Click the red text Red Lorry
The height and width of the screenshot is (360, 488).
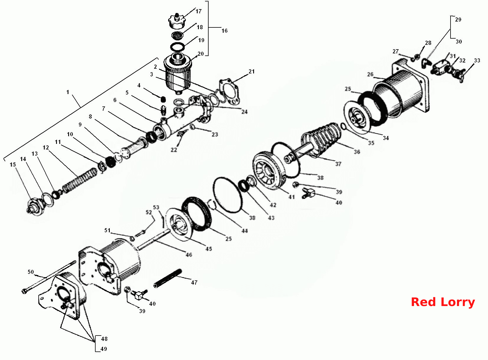(x=443, y=302)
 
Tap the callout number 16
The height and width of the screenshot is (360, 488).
(x=225, y=31)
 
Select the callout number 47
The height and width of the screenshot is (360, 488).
(x=194, y=282)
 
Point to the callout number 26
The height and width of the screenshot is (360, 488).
(x=370, y=74)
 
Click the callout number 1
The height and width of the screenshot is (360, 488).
(x=68, y=92)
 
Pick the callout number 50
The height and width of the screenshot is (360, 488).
(x=31, y=272)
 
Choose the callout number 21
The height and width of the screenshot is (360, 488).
(x=252, y=71)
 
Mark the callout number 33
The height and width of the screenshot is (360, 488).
(x=477, y=60)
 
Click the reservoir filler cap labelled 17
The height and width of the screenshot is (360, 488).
(x=177, y=21)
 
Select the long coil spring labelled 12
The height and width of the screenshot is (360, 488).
(x=80, y=180)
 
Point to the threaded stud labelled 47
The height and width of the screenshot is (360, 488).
(x=168, y=278)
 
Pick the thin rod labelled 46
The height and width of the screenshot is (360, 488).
(x=154, y=240)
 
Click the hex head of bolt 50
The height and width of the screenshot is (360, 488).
(x=24, y=291)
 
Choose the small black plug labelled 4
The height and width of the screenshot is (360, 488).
(x=163, y=99)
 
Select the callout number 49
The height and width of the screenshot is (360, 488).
(x=104, y=349)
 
